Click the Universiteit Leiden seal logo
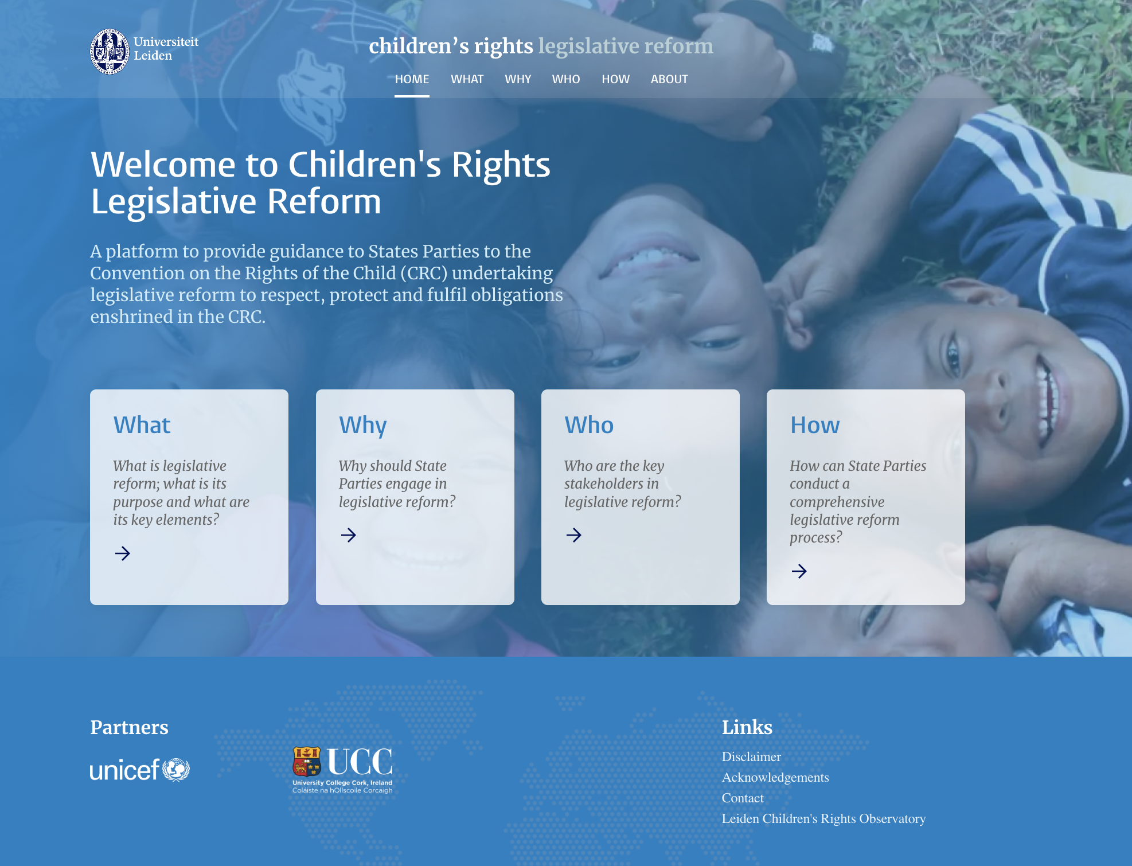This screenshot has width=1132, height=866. pyautogui.click(x=110, y=52)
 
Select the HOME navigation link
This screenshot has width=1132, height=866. pyautogui.click(x=412, y=79)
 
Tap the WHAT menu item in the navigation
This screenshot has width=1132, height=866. pyautogui.click(x=467, y=79)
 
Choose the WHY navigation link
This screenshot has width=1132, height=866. pyautogui.click(x=518, y=79)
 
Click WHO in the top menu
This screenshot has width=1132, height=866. pyautogui.click(x=566, y=79)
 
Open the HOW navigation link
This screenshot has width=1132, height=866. pyautogui.click(x=615, y=79)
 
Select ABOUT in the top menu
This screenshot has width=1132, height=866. pyautogui.click(x=669, y=79)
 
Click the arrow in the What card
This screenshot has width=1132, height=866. pyautogui.click(x=123, y=553)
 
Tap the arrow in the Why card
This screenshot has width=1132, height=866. pyautogui.click(x=349, y=535)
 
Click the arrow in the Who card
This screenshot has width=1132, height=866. pyautogui.click(x=574, y=535)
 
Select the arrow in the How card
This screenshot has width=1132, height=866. pyautogui.click(x=799, y=571)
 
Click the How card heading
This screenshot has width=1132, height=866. pyautogui.click(x=815, y=425)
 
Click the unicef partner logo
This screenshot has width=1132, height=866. pyautogui.click(x=140, y=770)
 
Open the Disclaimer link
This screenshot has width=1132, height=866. pyautogui.click(x=751, y=756)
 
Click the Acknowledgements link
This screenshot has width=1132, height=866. pyautogui.click(x=775, y=777)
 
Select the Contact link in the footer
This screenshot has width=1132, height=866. pyautogui.click(x=743, y=798)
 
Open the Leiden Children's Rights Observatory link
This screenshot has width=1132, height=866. pyautogui.click(x=823, y=818)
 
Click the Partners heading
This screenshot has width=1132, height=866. pyautogui.click(x=129, y=727)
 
